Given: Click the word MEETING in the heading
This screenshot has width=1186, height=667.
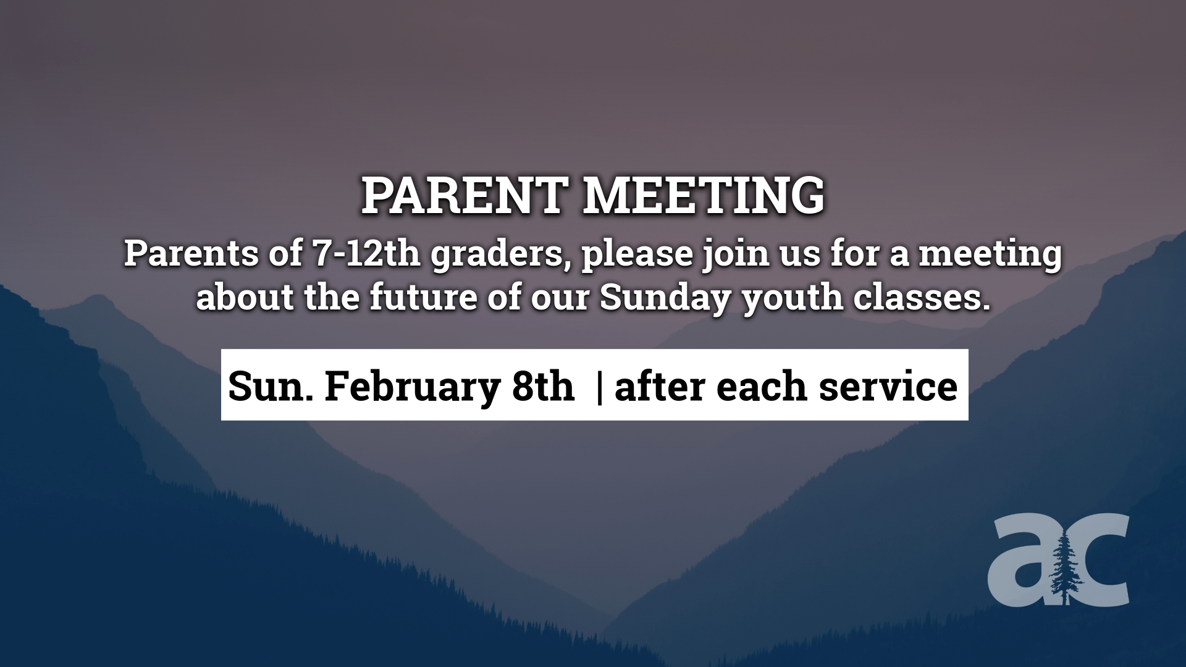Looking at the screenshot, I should pyautogui.click(x=704, y=196).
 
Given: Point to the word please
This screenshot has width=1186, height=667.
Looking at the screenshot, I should pyautogui.click(x=637, y=254).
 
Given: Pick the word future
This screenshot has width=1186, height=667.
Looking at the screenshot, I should pyautogui.click(x=424, y=297).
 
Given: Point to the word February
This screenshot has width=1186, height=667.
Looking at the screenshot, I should pyautogui.click(x=412, y=387).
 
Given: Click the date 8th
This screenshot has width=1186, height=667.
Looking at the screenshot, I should pyautogui.click(x=543, y=386).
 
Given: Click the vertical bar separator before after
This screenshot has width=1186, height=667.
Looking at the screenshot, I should pyautogui.click(x=600, y=386).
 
